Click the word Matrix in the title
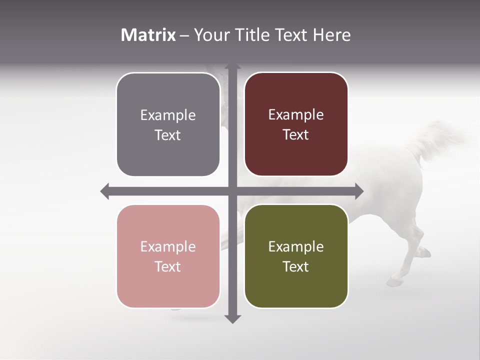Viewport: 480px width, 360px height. (x=148, y=35)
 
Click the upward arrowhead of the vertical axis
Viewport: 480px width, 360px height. (x=232, y=67)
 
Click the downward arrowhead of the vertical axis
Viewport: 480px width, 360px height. (x=232, y=318)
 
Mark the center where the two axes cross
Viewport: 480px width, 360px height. (x=232, y=191)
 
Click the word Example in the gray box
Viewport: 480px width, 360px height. (x=168, y=115)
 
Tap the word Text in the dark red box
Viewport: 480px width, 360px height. (x=296, y=135)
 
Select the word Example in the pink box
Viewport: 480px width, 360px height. (x=168, y=247)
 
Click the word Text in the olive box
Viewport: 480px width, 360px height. (x=296, y=266)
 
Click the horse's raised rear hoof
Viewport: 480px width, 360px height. (x=424, y=251)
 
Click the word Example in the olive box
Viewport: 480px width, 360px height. (x=296, y=247)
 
